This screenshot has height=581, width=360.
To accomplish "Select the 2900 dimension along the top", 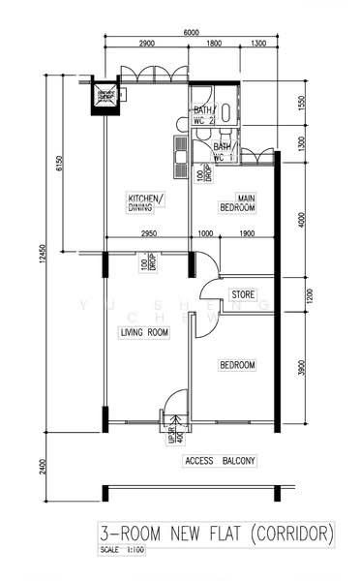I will tap(147, 45).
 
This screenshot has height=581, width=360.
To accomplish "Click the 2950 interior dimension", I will tap(148, 234).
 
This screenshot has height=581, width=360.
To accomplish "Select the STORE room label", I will tap(242, 293).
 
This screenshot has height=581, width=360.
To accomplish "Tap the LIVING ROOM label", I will tap(144, 332).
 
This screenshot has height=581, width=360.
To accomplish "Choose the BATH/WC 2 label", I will tap(203, 115).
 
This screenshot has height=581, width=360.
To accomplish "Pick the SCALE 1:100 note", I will tap(122, 549).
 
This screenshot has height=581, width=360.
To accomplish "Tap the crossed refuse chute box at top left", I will tap(105, 96).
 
